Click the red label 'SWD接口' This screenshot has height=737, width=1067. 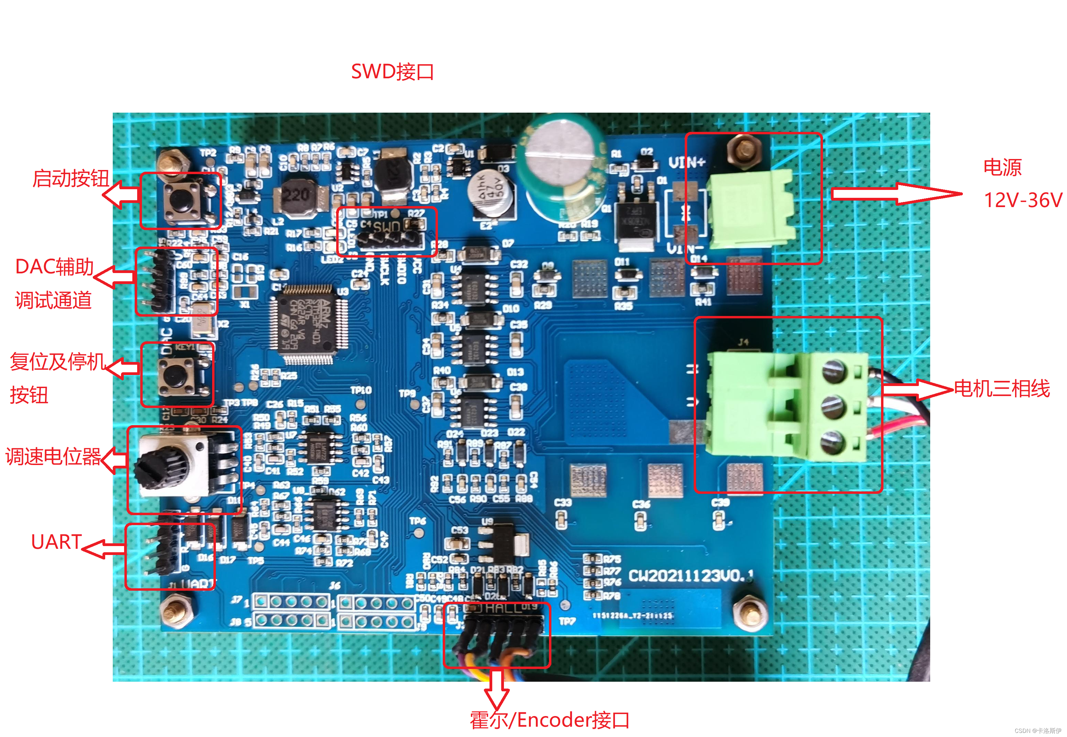coord(392,71)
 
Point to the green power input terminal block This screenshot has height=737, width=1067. coord(751,209)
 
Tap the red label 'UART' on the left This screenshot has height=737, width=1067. coord(56,542)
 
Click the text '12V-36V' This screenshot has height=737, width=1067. coord(1023,200)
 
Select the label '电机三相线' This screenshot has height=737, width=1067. coord(1002,388)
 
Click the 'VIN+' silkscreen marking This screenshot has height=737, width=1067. coord(687,162)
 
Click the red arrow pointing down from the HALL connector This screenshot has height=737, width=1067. coord(497,690)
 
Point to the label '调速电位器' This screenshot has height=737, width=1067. coord(53,457)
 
